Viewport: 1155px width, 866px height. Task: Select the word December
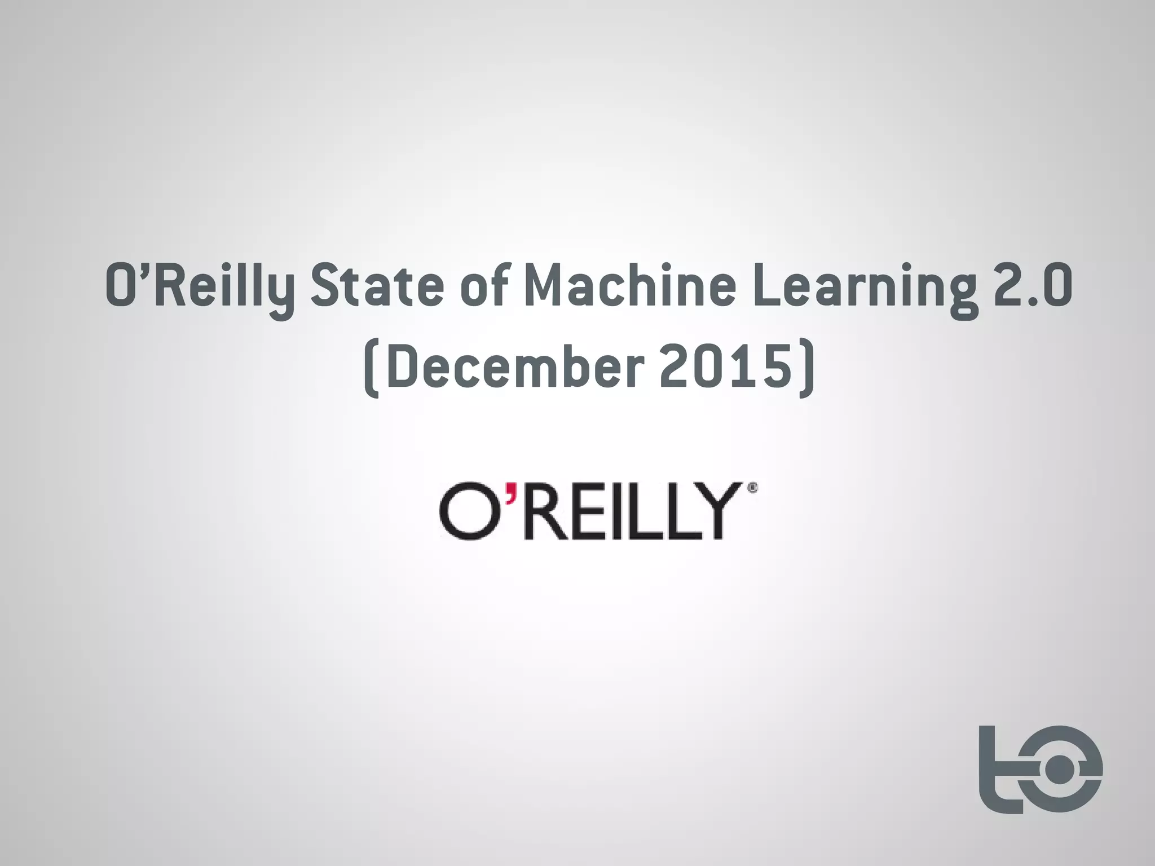click(515, 369)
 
